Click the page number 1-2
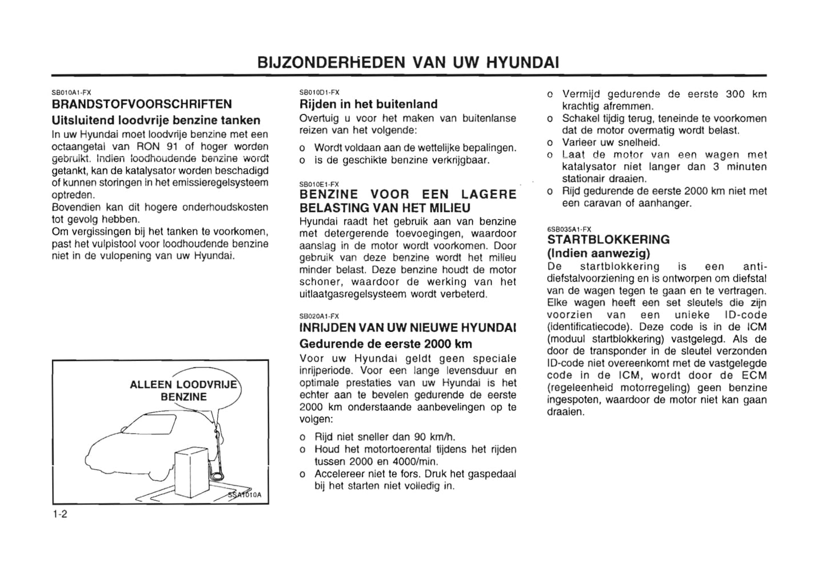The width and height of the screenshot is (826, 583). coord(59,514)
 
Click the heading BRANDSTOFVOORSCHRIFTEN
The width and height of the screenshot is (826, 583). coord(142,105)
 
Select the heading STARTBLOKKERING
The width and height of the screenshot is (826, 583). coord(608,240)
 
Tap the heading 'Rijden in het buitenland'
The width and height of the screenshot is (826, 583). coord(369,105)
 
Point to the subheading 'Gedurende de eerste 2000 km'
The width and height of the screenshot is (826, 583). coord(386,344)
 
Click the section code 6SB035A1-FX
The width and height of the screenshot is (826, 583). coord(569,229)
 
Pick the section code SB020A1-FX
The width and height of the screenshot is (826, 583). coord(319,316)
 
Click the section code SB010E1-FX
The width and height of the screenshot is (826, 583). coord(319,184)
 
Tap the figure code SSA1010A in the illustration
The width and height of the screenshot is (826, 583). coord(245,495)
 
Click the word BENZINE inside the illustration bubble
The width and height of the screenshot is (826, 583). coord(183,397)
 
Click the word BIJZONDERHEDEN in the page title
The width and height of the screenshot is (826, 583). coord(332,62)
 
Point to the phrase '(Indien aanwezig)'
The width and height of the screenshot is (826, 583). coord(598,253)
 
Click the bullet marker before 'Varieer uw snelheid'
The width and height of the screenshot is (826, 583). coord(550,143)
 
